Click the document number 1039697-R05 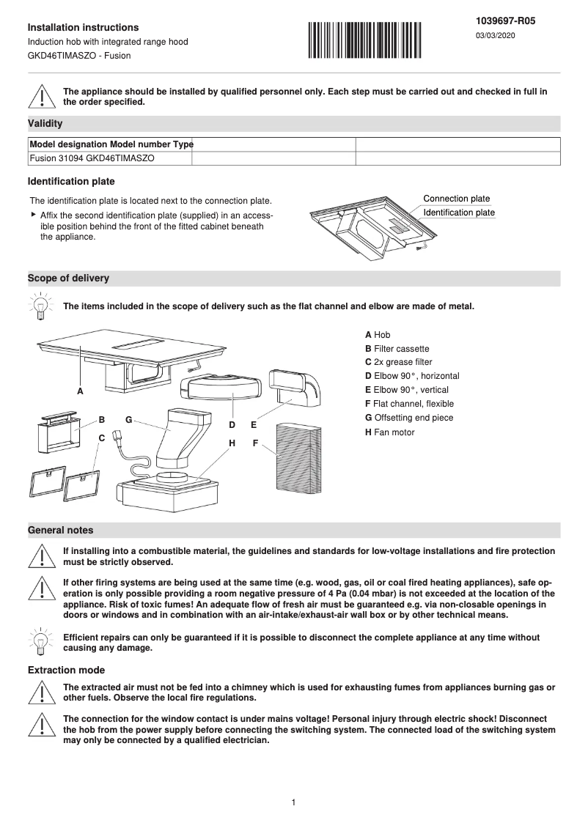[x=506, y=21]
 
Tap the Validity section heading [x=45, y=124]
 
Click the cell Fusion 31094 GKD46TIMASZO [x=92, y=158]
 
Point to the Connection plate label [x=456, y=199]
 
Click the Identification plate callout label [x=459, y=213]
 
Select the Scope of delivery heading [x=68, y=278]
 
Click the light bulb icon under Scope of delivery [x=42, y=306]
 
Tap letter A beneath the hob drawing [x=80, y=391]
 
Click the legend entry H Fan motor [x=389, y=432]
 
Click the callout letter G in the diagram [x=128, y=420]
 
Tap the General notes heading [x=60, y=530]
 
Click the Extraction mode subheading [x=66, y=670]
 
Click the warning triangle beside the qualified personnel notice [x=42, y=97]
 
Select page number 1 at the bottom [x=293, y=802]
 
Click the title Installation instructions [x=83, y=27]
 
